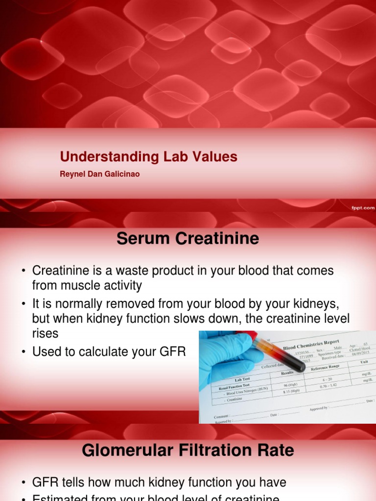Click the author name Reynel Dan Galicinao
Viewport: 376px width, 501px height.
click(x=99, y=174)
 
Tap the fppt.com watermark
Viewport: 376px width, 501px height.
click(x=362, y=207)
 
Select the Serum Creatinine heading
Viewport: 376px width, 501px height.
click(x=188, y=239)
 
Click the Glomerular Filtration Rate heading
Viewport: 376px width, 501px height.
click(x=188, y=450)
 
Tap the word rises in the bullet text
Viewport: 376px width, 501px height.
click(x=45, y=333)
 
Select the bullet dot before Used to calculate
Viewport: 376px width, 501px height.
click(x=23, y=352)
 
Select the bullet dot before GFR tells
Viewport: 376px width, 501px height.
click(x=23, y=483)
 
